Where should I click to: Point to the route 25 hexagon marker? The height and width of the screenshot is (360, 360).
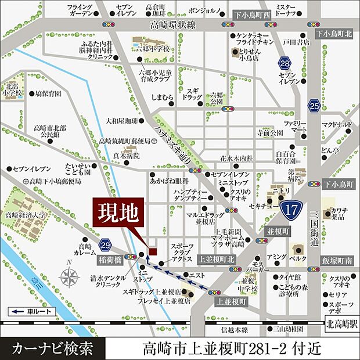[x=315, y=106]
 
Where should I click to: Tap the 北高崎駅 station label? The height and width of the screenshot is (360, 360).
[x=340, y=324]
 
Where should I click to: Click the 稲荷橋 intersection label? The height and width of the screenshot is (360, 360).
[x=110, y=254]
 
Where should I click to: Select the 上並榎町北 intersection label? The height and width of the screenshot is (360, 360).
[x=215, y=260]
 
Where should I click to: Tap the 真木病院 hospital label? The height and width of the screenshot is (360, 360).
[x=126, y=156]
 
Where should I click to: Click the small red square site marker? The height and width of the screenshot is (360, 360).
[x=153, y=250]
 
